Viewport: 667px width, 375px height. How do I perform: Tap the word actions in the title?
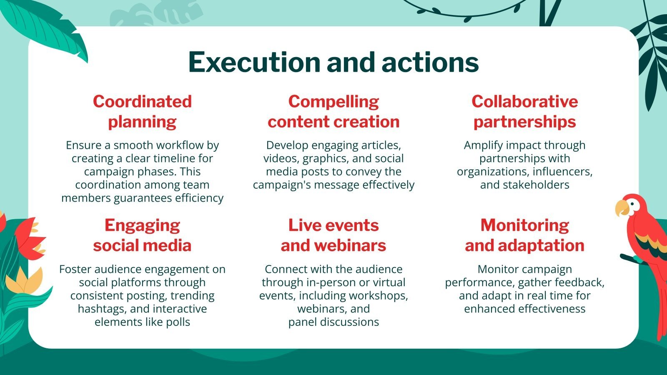tap(430, 62)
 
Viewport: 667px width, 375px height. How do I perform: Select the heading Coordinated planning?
tap(142, 112)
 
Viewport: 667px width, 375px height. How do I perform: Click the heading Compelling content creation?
tap(333, 112)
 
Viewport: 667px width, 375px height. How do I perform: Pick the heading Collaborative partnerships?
tap(525, 112)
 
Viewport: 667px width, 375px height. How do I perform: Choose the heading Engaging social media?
tap(142, 235)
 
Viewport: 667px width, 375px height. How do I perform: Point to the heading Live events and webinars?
tap(333, 235)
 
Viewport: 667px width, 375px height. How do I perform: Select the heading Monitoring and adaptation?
tap(525, 235)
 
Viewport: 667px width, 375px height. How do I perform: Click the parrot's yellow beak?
tap(622, 208)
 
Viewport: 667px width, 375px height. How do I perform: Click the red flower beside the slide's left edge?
tap(30, 238)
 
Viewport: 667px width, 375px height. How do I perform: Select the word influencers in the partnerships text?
tap(562, 172)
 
